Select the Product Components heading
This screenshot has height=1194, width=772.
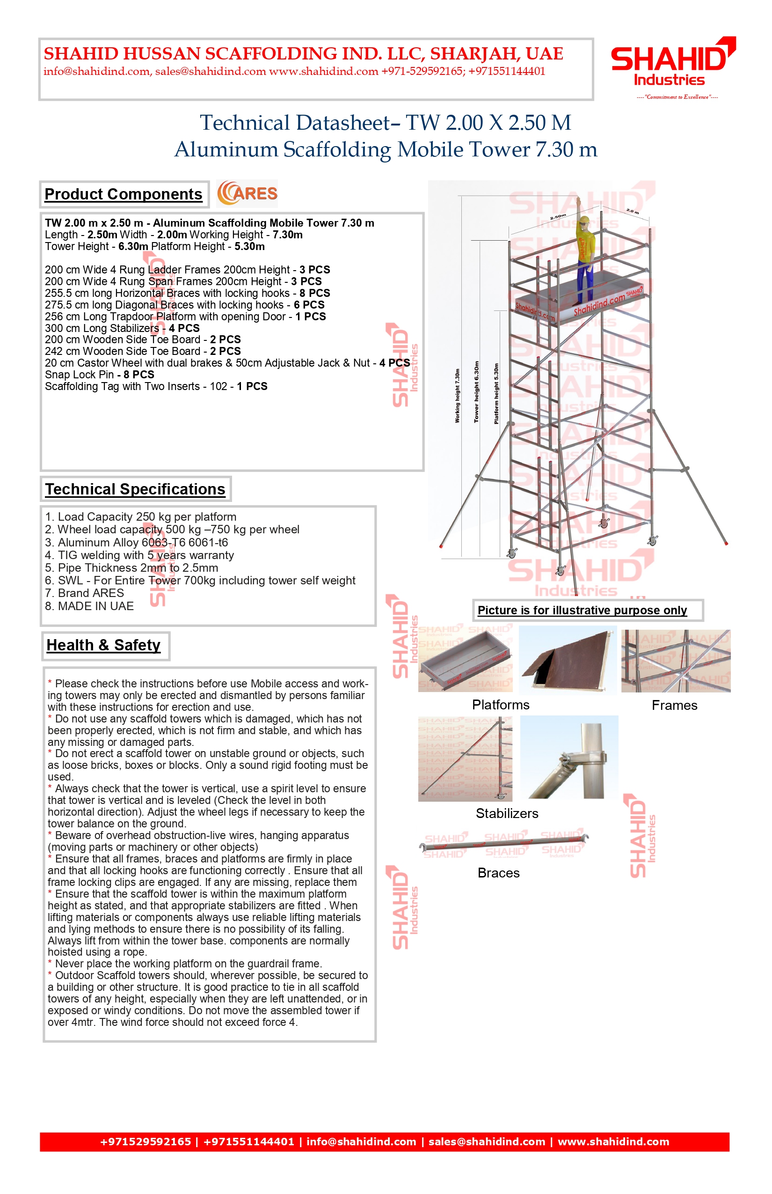[x=124, y=194]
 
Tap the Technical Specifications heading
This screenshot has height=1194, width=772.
[x=135, y=489]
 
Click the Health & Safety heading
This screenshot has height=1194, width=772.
[x=104, y=645]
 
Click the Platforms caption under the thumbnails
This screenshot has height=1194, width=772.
[x=500, y=705]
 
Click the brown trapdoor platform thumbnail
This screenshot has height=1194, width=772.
[x=568, y=661]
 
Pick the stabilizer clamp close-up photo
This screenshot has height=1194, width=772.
[x=569, y=758]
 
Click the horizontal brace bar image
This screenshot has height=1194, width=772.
[x=504, y=845]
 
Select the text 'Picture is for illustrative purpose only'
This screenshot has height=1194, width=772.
[x=582, y=610]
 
